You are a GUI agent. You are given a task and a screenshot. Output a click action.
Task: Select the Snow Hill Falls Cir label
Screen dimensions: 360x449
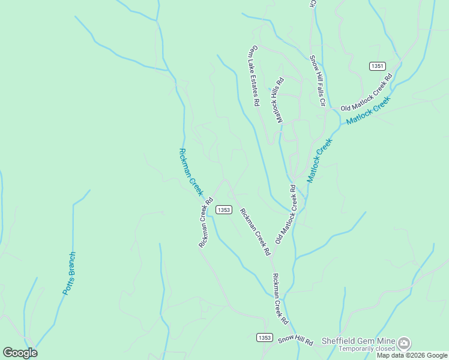tap(317, 81)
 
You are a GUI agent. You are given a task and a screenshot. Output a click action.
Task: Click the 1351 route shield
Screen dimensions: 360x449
tap(377, 66)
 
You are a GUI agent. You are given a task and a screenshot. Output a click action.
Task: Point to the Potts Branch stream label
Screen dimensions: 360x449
tap(70, 273)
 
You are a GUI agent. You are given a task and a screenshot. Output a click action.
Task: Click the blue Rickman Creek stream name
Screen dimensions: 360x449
tap(190, 172)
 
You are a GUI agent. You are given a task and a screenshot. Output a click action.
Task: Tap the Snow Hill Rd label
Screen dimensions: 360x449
tap(295, 341)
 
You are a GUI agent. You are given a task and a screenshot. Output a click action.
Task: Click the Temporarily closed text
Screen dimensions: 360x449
tap(366, 349)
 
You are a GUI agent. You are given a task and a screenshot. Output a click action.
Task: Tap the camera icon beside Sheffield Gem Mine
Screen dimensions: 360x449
tap(405, 343)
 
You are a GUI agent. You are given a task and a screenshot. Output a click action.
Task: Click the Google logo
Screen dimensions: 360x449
tap(20, 353)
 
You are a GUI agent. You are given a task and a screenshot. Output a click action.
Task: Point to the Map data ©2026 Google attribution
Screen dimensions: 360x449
tap(412, 355)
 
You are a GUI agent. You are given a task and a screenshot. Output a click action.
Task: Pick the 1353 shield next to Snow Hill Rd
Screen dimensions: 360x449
tap(264, 338)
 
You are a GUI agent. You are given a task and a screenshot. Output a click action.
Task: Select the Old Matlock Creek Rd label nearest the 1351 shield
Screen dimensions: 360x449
tap(366, 92)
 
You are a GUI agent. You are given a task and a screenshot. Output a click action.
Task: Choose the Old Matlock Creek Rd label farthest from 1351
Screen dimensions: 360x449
tap(286, 214)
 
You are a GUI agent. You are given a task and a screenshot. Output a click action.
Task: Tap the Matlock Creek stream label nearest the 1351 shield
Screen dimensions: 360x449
tap(368, 110)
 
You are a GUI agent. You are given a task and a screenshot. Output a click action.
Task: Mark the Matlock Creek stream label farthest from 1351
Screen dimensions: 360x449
tap(319, 161)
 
